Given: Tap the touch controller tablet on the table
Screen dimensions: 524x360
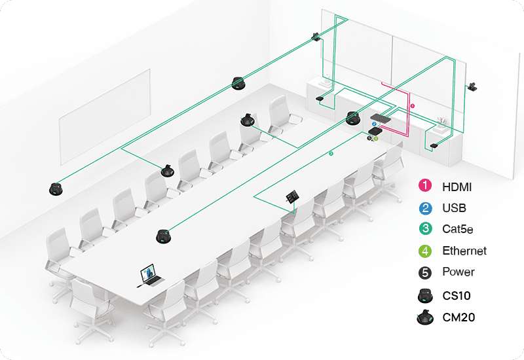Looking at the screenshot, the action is pyautogui.click(x=292, y=196).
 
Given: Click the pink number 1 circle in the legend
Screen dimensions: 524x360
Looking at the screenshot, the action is pyautogui.click(x=425, y=185).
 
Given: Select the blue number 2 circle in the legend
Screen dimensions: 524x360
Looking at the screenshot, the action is pyautogui.click(x=425, y=207).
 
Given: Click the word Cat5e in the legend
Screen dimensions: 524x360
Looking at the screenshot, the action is pyautogui.click(x=457, y=229).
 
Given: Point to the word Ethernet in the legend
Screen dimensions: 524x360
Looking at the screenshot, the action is pyautogui.click(x=464, y=251).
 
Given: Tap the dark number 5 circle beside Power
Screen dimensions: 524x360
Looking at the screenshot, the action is pyautogui.click(x=425, y=272).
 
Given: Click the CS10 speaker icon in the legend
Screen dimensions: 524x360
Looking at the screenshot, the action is pyautogui.click(x=425, y=295).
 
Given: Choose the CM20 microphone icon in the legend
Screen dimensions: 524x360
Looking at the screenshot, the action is pyautogui.click(x=425, y=317).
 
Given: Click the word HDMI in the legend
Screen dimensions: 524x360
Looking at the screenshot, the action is pyautogui.click(x=457, y=187).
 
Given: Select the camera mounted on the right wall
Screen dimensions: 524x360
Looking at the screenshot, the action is pyautogui.click(x=473, y=86).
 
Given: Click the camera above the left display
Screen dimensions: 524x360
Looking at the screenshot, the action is pyautogui.click(x=316, y=37).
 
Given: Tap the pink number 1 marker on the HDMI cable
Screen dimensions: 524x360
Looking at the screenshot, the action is pyautogui.click(x=413, y=106).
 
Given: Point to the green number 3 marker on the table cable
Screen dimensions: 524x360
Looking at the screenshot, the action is pyautogui.click(x=331, y=154).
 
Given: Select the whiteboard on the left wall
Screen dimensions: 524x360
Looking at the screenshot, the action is pyautogui.click(x=105, y=117).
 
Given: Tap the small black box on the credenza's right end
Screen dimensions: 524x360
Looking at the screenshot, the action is pyautogui.click(x=434, y=145).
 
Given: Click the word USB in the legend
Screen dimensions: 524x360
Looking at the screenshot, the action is pyautogui.click(x=454, y=208).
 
